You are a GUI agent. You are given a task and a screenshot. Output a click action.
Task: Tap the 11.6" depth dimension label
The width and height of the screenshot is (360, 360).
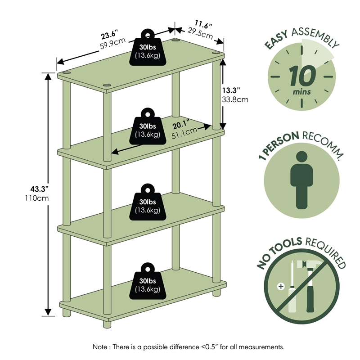pyautogui.click(x=203, y=23)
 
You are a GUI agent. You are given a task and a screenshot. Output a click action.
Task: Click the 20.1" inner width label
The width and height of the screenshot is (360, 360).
pyautogui.click(x=181, y=123)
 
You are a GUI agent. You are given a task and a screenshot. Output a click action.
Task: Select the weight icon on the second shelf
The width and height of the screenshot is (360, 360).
pyautogui.click(x=147, y=126)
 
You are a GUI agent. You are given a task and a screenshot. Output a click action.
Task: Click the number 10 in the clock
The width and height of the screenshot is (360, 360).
pyautogui.click(x=302, y=76)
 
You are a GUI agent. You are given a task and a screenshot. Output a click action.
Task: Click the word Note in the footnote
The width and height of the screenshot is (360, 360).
pyautogui.click(x=100, y=347)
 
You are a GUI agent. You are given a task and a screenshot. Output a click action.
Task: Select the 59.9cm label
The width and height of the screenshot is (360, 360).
pyautogui.click(x=112, y=42)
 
